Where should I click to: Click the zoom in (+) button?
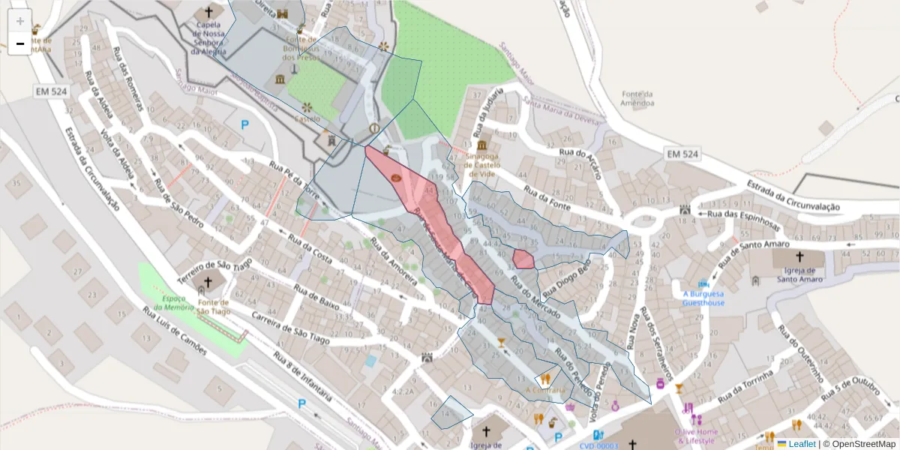point(19,21)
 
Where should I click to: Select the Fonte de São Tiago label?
point(214,307)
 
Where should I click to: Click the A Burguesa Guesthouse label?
point(703,298)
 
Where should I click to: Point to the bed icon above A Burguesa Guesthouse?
point(703,284)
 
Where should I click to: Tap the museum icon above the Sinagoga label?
point(480,144)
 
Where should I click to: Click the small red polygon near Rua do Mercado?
point(523,259)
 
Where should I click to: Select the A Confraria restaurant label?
point(544,390)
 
